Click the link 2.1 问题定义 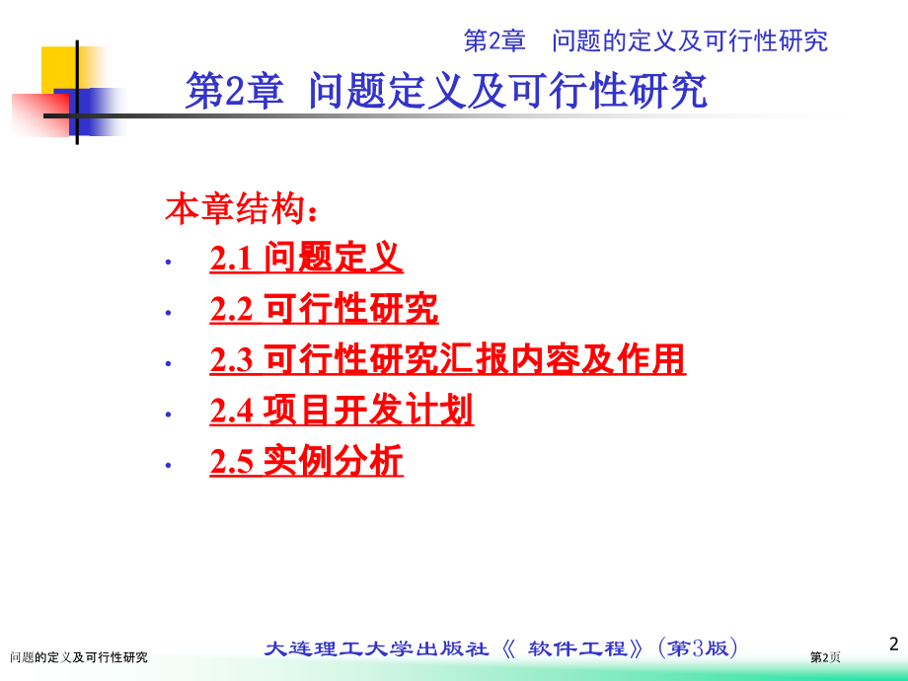(306, 258)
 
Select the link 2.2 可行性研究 (324, 308)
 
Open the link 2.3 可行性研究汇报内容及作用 (448, 359)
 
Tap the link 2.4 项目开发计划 (341, 410)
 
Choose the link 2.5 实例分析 (306, 461)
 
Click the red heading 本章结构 (241, 208)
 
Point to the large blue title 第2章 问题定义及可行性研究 (446, 91)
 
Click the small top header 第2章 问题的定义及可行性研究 (645, 40)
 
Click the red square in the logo (40, 114)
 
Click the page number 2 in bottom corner (894, 643)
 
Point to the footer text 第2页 (825, 657)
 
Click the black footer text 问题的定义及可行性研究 (79, 657)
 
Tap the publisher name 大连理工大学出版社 (376, 648)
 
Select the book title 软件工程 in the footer (577, 648)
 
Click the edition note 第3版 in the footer (698, 648)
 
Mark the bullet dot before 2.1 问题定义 (168, 263)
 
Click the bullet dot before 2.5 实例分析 (168, 465)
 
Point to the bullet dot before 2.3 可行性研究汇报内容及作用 (168, 363)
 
